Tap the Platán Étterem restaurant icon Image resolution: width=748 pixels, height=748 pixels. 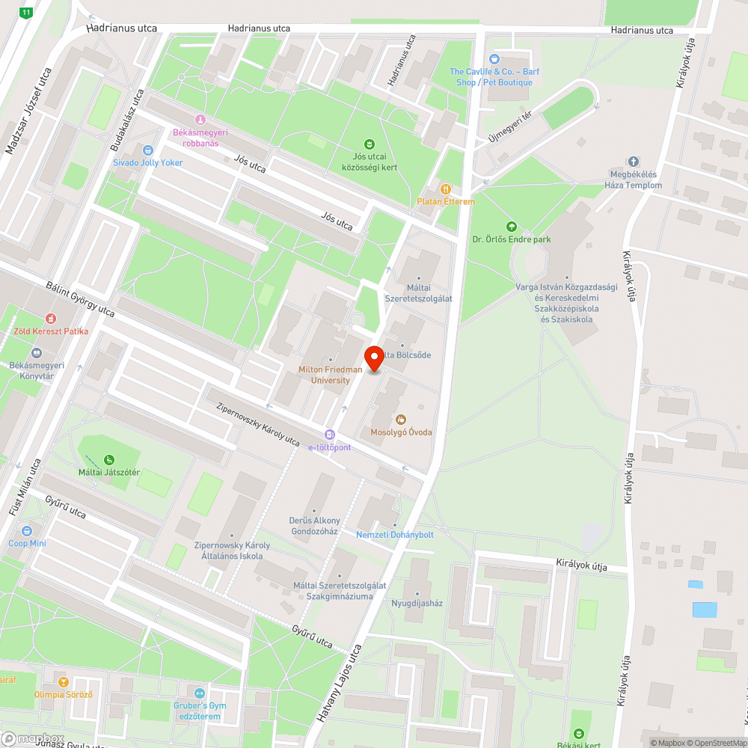tap(446, 189)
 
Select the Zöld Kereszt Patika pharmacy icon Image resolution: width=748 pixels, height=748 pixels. tap(51, 319)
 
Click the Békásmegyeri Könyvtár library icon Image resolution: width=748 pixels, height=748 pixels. tap(36, 353)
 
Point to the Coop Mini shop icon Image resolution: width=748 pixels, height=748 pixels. tap(27, 531)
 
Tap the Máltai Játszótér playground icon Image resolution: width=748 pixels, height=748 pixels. tap(109, 459)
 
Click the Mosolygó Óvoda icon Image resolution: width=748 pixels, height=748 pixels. tap(401, 420)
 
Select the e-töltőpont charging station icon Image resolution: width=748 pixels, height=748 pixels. tap(330, 435)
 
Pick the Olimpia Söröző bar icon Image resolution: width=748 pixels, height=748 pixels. tap(63, 681)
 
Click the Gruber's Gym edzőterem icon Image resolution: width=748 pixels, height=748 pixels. tap(198, 693)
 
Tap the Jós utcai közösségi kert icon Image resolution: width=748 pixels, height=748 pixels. tap(369, 144)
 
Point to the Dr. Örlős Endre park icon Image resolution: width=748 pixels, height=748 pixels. tap(512, 227)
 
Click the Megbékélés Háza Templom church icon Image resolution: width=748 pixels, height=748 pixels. tap(634, 161)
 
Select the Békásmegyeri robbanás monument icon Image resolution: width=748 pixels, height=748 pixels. tap(200, 120)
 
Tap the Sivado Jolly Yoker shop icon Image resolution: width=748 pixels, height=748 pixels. tap(147, 150)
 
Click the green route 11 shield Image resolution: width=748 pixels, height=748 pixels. tap(27, 13)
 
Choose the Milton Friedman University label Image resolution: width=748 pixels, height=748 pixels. tap(330, 375)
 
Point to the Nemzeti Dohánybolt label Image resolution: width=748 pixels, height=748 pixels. tap(394, 535)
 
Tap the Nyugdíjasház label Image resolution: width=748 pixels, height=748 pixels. tap(417, 603)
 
